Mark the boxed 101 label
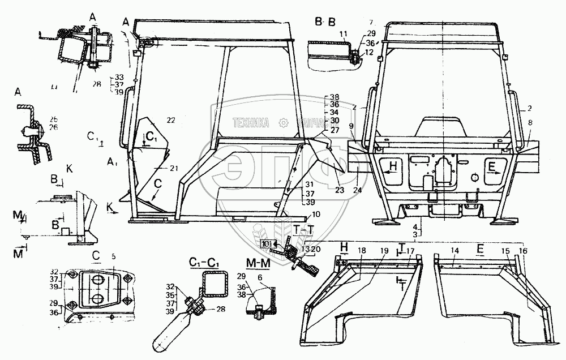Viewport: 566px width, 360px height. (x=266, y=244)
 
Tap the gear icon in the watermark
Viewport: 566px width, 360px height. (x=284, y=122)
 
